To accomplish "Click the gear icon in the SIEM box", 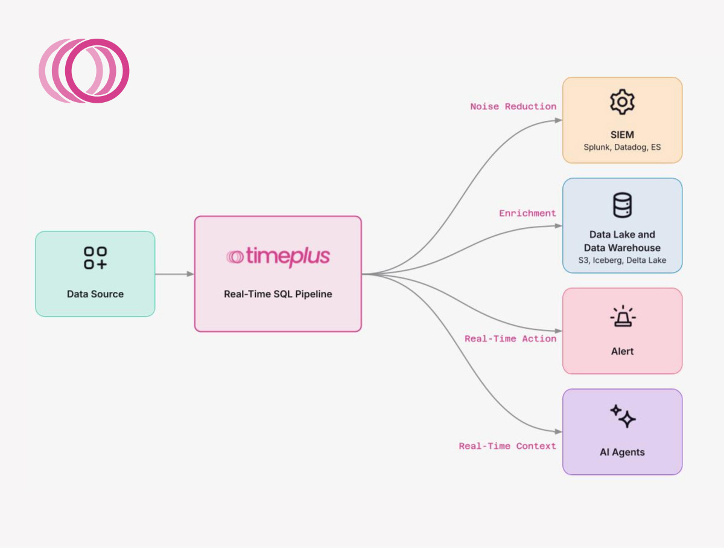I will tap(622, 103).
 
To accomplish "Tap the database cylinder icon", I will tap(622, 205).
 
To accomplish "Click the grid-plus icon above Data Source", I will tap(95, 258).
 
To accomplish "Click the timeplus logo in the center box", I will tap(278, 257).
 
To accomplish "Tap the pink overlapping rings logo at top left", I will tap(84, 71).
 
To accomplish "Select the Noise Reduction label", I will tap(513, 106).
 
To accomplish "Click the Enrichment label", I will tap(527, 213).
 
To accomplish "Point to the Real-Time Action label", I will tap(510, 339).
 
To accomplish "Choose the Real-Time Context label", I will tap(507, 446).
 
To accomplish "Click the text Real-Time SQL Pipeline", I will tap(278, 294).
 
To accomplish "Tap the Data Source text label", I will tap(95, 294).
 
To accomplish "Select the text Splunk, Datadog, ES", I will tap(622, 147).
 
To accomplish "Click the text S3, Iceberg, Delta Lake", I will tap(622, 260).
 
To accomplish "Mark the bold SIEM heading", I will tap(622, 134).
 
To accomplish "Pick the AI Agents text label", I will tap(622, 452).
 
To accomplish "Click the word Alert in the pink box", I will tap(622, 351).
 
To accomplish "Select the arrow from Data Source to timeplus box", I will tap(174, 274).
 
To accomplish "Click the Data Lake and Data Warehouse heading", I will tap(622, 241).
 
